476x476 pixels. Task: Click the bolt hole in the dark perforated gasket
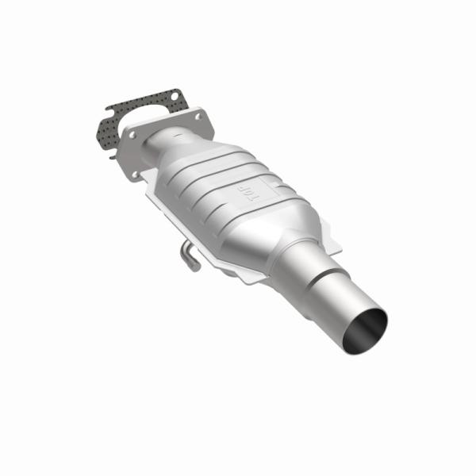(173, 99)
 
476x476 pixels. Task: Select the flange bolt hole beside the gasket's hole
(194, 117)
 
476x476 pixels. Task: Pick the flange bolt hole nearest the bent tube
(136, 174)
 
